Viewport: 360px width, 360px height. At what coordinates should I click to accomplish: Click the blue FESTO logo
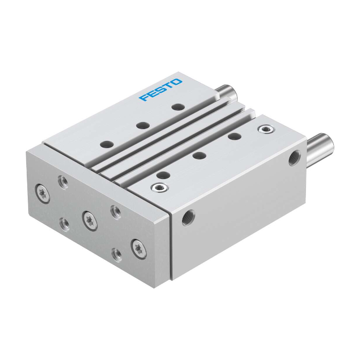(160, 89)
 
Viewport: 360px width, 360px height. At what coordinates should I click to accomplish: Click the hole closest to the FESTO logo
(178, 107)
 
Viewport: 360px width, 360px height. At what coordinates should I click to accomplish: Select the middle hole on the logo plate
(143, 125)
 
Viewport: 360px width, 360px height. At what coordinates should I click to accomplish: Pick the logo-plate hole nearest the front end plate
(107, 145)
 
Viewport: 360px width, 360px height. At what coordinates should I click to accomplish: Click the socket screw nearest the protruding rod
(266, 129)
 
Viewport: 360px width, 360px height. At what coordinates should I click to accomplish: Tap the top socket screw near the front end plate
(159, 188)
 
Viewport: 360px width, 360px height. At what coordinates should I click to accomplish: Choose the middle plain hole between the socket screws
(199, 155)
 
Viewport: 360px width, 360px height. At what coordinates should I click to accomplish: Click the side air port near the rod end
(295, 158)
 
